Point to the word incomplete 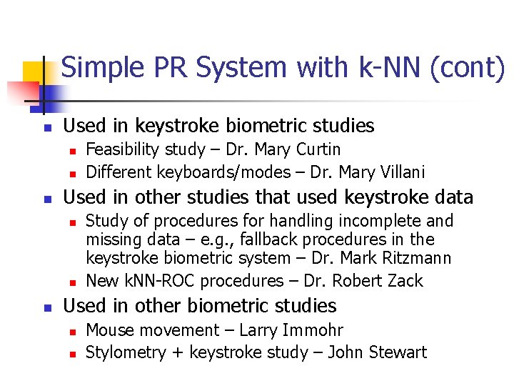coord(377,221)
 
